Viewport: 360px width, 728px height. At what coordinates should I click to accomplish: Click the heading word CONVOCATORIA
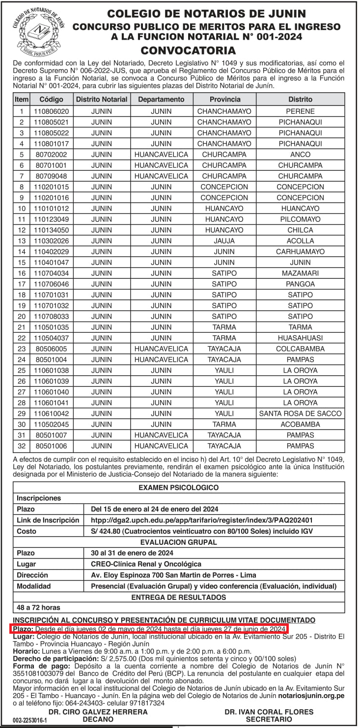[x=188, y=50]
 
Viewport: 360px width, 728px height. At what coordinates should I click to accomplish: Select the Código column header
[x=52, y=99]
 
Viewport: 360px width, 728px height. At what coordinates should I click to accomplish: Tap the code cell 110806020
[x=52, y=111]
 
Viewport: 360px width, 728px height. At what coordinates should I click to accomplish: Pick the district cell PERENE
[x=300, y=111]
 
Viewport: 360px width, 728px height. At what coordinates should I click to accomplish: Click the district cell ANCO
[x=300, y=155]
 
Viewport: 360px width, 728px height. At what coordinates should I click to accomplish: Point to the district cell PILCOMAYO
[x=300, y=219]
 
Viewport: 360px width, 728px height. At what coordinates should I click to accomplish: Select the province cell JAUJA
[x=224, y=241]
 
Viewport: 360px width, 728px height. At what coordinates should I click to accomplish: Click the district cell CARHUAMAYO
[x=300, y=252]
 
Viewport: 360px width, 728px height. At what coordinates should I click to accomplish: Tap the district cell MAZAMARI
[x=300, y=273]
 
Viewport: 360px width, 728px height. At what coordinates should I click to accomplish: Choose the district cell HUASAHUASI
[x=300, y=338]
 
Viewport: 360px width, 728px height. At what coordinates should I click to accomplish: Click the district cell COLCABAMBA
[x=300, y=349]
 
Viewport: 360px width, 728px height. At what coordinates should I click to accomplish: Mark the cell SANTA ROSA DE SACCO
[x=300, y=414]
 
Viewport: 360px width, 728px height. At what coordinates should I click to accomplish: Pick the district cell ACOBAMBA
[x=300, y=425]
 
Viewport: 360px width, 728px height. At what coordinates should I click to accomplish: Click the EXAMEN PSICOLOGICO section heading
[x=179, y=487]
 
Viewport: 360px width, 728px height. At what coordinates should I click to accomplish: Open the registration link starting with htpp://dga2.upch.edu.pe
[x=202, y=520]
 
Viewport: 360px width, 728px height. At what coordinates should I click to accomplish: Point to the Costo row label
[x=27, y=531]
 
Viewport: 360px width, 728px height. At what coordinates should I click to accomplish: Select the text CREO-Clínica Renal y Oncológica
[x=143, y=564]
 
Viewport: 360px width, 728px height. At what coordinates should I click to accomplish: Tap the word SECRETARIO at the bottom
[x=269, y=719]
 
